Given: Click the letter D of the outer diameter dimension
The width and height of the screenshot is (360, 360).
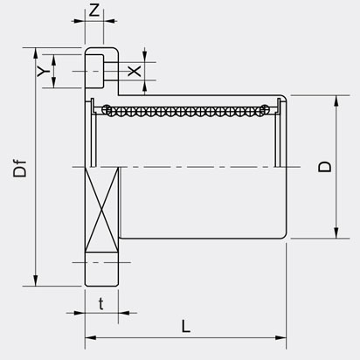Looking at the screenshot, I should point(324,165).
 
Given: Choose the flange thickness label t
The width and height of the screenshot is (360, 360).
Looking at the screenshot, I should point(101,303).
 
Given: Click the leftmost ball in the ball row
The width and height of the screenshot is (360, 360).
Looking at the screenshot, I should point(107,109).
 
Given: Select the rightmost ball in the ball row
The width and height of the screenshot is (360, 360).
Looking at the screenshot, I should point(264,109).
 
